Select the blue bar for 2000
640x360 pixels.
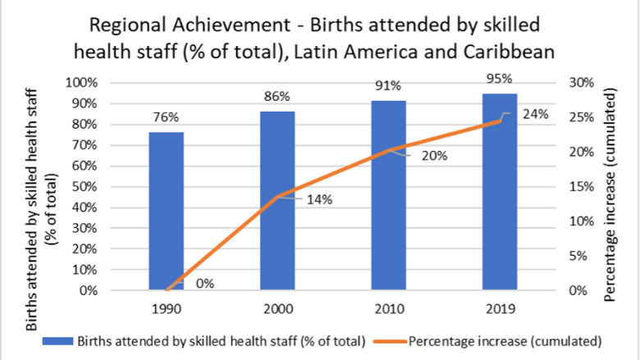[x=277, y=200]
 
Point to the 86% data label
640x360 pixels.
[x=277, y=97]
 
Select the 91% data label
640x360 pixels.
[x=389, y=85]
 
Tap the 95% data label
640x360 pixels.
[x=500, y=79]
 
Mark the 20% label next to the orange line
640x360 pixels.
[x=433, y=156]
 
